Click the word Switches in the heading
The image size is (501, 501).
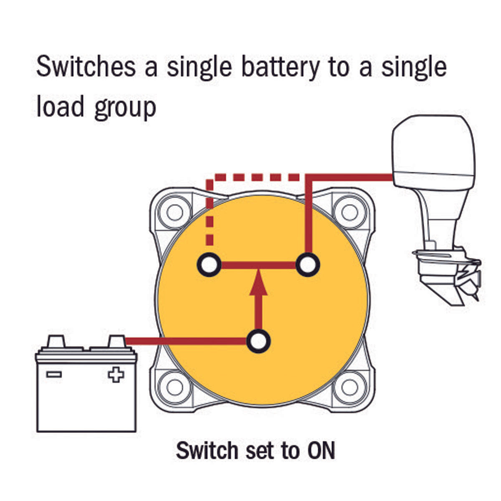(86, 67)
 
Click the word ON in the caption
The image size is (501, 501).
(321, 450)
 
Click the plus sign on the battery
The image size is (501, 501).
(116, 374)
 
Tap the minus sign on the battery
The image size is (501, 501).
(54, 374)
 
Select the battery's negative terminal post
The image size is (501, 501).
(56, 342)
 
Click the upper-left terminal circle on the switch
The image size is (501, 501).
(209, 264)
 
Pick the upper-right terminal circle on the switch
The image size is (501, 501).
(308, 264)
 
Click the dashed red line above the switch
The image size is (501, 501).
(255, 177)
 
